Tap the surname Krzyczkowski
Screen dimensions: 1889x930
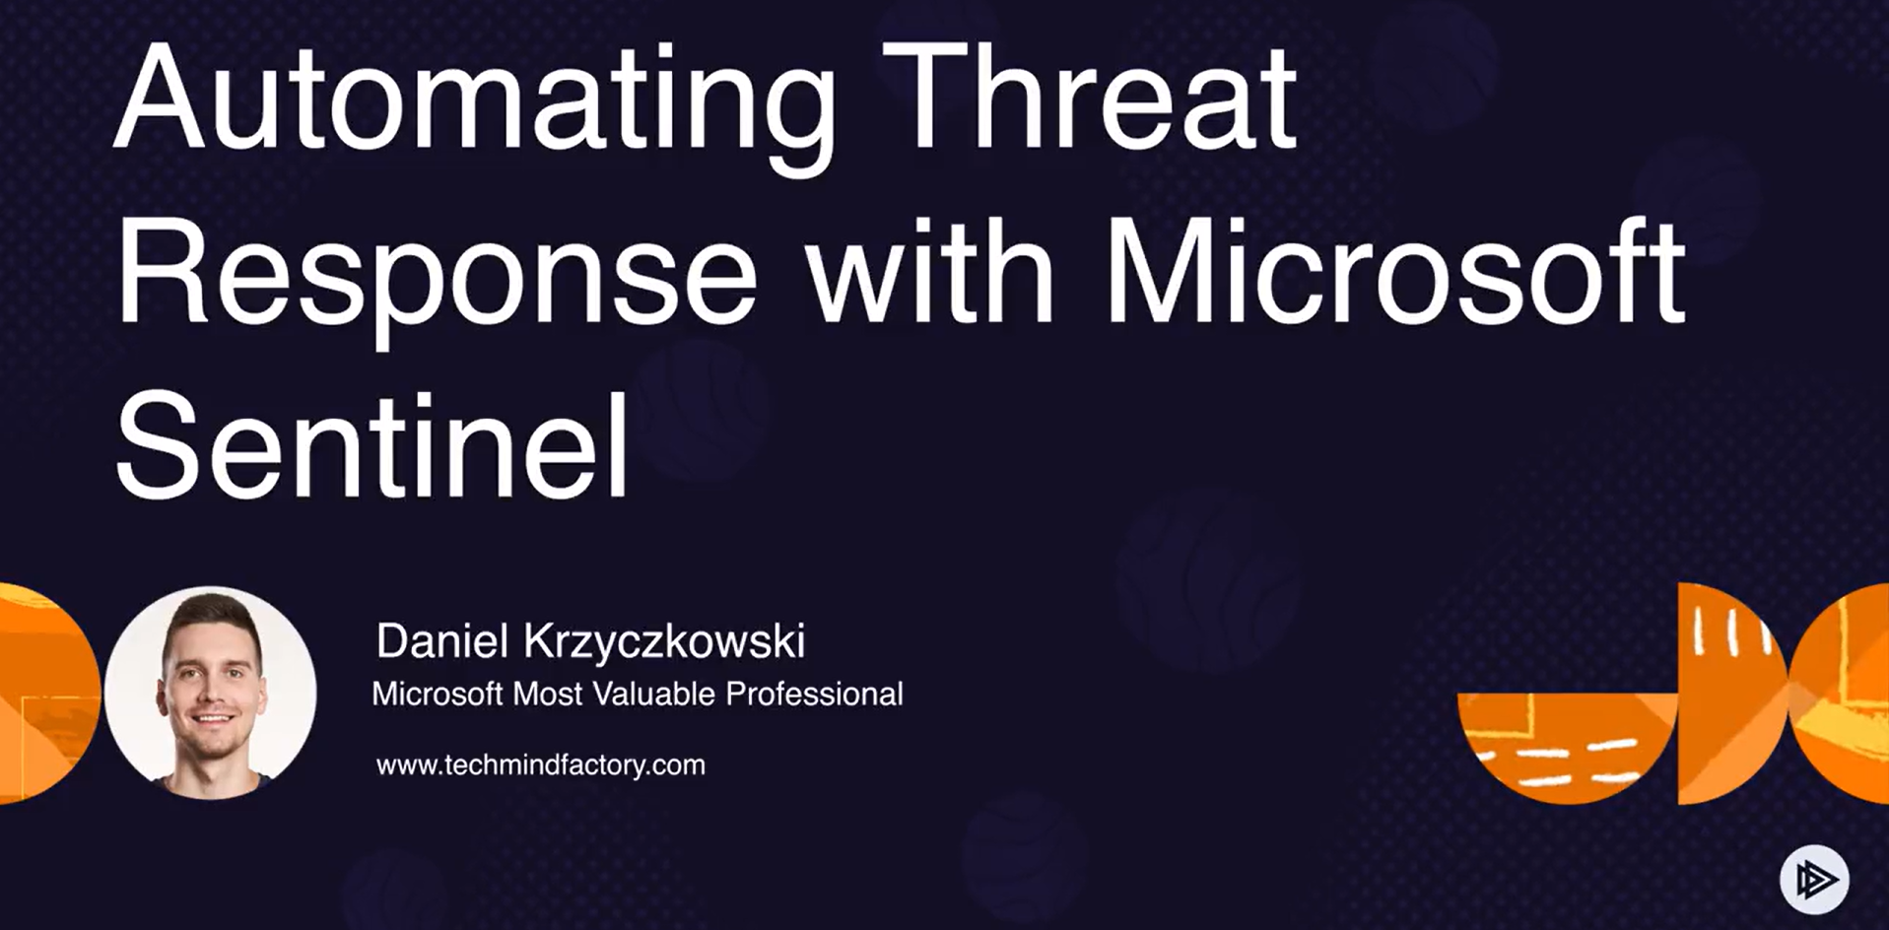click(664, 642)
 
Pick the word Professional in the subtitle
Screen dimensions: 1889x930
click(815, 694)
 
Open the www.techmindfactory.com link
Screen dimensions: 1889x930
click(541, 765)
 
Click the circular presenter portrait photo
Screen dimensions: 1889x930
click(211, 692)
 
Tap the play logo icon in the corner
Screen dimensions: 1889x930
click(1814, 880)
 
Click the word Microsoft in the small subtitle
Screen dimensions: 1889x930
click(438, 694)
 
